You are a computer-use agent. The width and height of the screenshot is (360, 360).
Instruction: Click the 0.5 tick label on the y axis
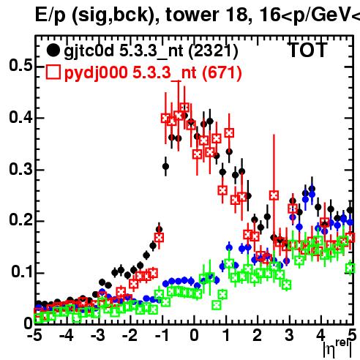point(20,65)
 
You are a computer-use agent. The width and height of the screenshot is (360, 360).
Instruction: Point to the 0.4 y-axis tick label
point(20,117)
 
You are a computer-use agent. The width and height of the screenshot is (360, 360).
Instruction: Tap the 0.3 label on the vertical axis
point(20,169)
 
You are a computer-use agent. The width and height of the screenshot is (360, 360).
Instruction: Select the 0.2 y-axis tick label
point(20,221)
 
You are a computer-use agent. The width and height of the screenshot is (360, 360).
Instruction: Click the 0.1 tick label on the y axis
point(22,272)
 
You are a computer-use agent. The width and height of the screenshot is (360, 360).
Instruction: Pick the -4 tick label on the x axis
point(67,336)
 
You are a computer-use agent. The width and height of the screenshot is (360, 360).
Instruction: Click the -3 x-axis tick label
point(98,336)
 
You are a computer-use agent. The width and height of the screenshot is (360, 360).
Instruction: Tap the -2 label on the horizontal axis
point(130,336)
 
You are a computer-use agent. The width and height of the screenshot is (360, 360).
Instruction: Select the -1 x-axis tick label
point(162,336)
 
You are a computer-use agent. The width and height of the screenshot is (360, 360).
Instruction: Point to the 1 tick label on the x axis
point(227,336)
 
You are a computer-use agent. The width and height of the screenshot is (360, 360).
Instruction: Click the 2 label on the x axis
point(258,336)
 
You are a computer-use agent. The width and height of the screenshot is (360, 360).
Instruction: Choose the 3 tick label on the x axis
point(289,336)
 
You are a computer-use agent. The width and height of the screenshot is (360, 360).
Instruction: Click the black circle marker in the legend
point(53,50)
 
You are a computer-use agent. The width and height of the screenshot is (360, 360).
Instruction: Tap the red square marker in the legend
point(53,72)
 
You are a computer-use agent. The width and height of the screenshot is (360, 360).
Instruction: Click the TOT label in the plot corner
point(308,50)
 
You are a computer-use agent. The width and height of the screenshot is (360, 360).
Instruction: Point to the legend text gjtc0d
point(89,51)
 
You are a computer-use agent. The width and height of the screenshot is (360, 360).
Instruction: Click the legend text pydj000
point(96,72)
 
